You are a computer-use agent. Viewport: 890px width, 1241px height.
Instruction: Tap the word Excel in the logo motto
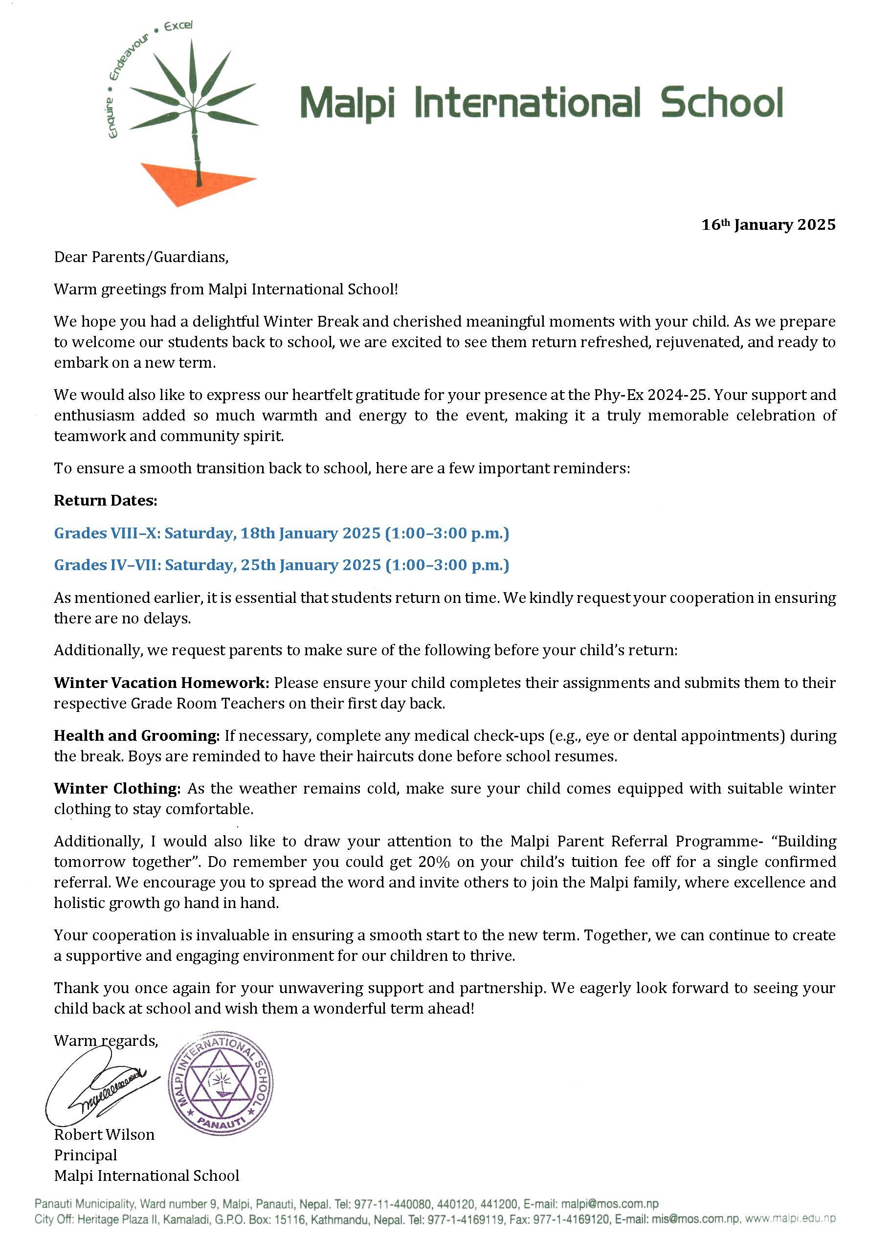[178, 26]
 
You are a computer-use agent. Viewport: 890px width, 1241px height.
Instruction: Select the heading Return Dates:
[106, 500]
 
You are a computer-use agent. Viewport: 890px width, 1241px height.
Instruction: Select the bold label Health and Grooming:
[137, 735]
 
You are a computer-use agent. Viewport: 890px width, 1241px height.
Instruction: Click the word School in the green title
[722, 103]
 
